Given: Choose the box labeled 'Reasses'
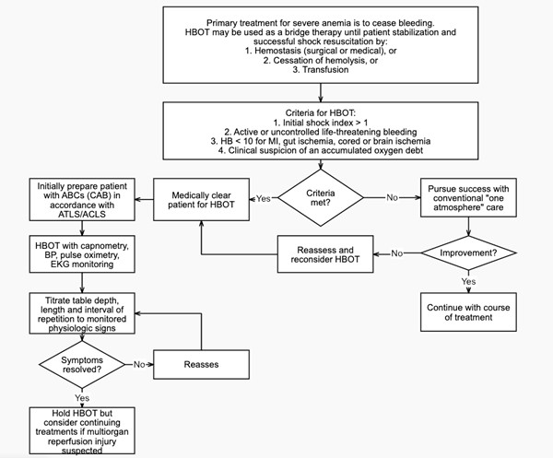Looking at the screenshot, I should [202, 364].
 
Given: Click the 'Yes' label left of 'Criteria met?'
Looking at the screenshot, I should [264, 198].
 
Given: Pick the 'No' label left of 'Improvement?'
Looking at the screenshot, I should [397, 253].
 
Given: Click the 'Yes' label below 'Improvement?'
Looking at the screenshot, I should [467, 281].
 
